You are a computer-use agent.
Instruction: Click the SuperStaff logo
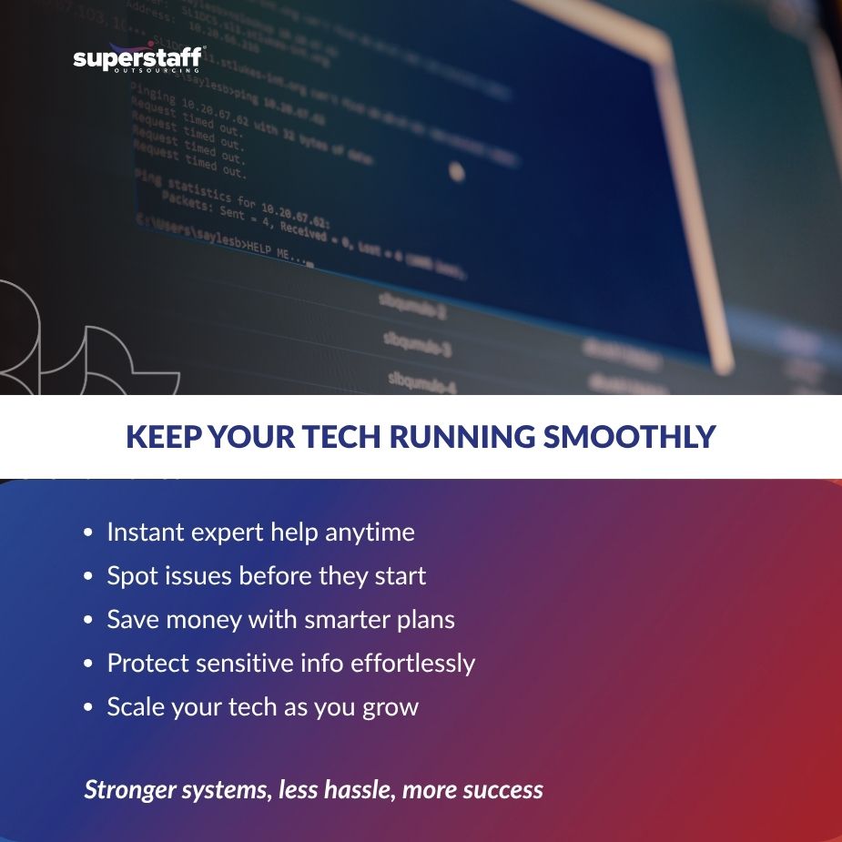click(x=138, y=59)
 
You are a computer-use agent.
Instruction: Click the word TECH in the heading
click(x=339, y=437)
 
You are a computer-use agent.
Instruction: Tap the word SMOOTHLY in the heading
click(x=629, y=437)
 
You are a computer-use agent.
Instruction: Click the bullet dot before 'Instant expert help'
click(x=87, y=533)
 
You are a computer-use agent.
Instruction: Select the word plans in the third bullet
click(x=424, y=620)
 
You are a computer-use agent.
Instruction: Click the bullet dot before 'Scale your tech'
click(x=87, y=708)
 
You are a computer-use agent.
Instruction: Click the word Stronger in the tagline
click(x=131, y=789)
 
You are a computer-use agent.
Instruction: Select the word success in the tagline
click(x=502, y=789)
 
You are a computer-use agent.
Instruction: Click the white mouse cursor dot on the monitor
click(x=456, y=170)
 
